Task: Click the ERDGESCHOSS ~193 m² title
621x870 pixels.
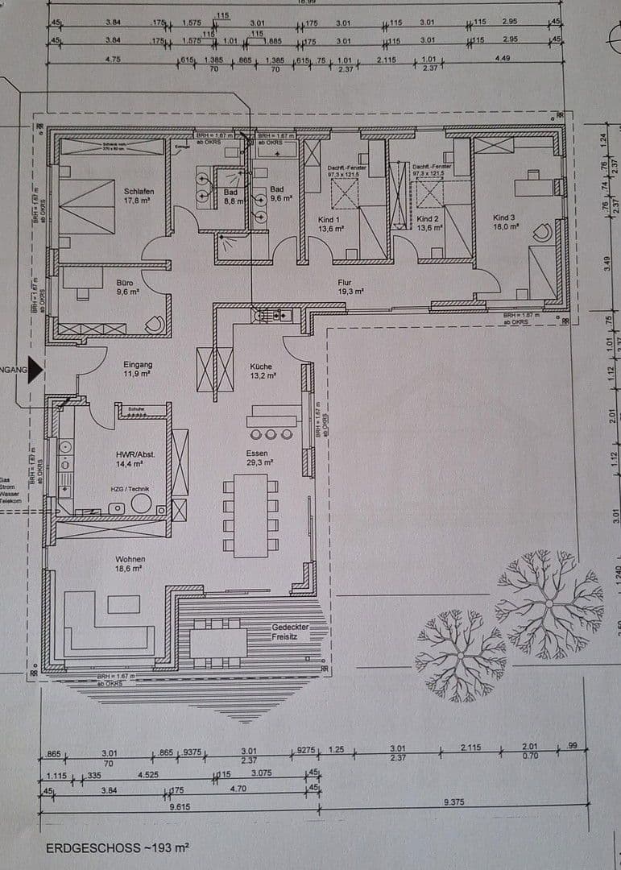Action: pos(117,847)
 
